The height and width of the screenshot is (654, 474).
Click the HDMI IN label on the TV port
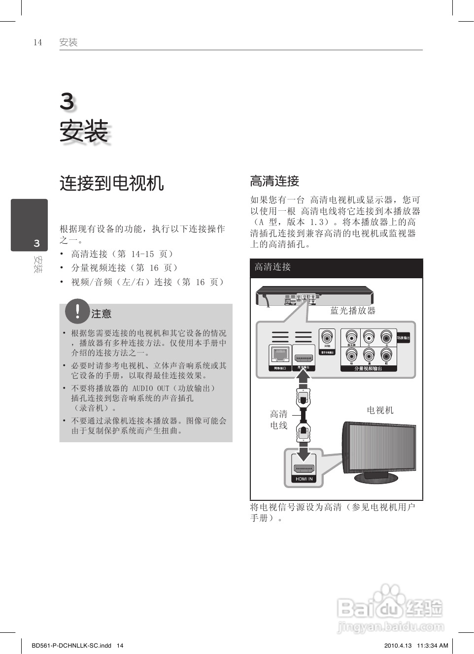(x=304, y=479)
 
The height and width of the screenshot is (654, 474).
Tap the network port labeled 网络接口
(x=280, y=356)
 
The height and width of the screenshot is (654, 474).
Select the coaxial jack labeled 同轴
(x=327, y=338)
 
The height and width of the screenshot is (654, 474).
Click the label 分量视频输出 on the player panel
(x=368, y=368)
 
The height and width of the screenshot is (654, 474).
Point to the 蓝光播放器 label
(x=353, y=311)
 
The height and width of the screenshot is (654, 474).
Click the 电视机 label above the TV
(x=380, y=410)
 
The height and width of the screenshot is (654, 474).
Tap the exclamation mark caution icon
(x=77, y=311)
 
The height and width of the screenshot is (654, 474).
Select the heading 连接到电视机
(x=111, y=183)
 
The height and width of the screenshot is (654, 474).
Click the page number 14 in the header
(x=37, y=42)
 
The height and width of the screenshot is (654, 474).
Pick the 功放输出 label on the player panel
(x=403, y=338)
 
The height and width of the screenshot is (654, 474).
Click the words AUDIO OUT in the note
(x=151, y=388)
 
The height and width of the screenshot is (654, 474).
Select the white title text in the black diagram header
(x=272, y=267)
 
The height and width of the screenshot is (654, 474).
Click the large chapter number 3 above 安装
(x=67, y=102)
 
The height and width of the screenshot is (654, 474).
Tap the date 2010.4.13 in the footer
(x=397, y=646)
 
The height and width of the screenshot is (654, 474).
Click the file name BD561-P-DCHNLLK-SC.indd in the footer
(x=71, y=646)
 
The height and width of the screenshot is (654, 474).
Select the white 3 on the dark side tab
(x=36, y=243)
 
